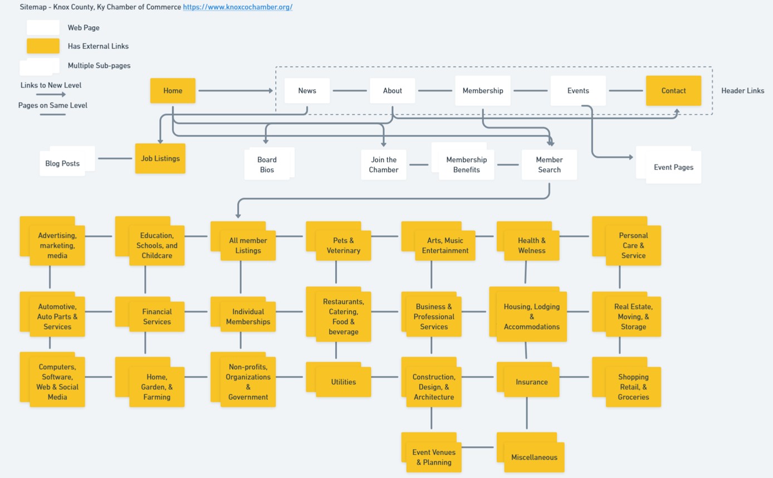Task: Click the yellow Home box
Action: tap(173, 91)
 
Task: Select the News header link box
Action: tap(307, 91)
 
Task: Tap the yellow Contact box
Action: tap(673, 91)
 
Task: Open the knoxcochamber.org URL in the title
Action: tap(238, 7)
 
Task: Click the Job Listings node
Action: tap(160, 159)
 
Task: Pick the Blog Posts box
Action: tap(62, 163)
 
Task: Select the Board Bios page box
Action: tap(267, 164)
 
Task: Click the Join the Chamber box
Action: tap(384, 165)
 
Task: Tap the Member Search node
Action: tap(549, 165)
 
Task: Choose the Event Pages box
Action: tap(673, 167)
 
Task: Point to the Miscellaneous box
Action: tap(534, 457)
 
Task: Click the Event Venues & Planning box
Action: tap(433, 457)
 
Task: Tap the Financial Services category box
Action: tap(156, 316)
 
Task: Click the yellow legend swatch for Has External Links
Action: tap(43, 46)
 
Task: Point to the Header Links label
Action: tap(742, 91)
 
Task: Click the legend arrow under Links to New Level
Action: tap(51, 95)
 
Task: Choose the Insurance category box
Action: tap(531, 382)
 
